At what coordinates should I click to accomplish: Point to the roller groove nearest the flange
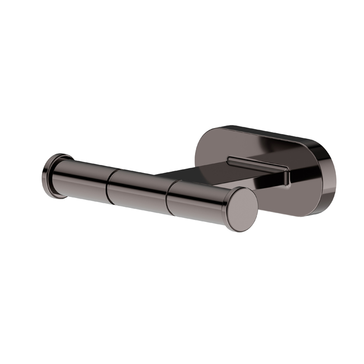tap(109, 184)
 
